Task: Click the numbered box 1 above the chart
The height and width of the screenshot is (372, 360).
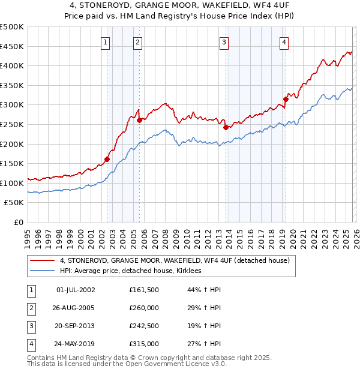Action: pos(105,42)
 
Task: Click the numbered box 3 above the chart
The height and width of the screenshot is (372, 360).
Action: pos(223,42)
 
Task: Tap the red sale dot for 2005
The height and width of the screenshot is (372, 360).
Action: pos(139,120)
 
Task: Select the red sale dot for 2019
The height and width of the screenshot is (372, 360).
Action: pos(286,100)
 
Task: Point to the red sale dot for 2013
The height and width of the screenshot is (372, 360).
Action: pos(225,127)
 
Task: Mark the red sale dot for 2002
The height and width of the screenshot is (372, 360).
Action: pos(107,159)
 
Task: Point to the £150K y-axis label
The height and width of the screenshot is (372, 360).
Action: pos(12,163)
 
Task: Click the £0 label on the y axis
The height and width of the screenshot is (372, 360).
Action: pos(18,222)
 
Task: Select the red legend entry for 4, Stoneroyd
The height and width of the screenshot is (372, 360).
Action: pos(175,260)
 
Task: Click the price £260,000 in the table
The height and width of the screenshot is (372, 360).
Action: pos(144,308)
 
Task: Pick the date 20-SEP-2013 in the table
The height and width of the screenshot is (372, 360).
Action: pos(75,326)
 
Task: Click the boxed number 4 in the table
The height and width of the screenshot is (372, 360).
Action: pos(30,344)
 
